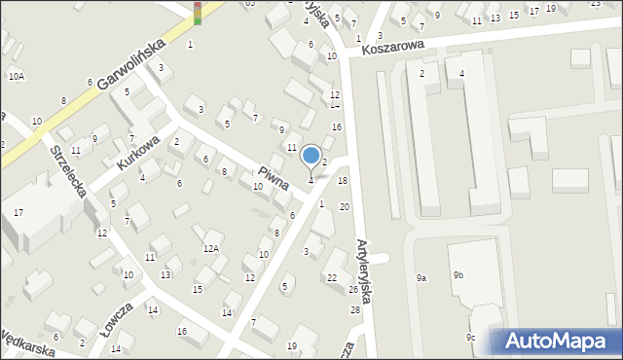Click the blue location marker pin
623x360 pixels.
tap(311, 156)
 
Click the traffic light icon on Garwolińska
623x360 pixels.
tap(198, 12)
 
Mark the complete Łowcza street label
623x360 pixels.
tap(114, 322)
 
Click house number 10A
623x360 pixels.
tap(17, 76)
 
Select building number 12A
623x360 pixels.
tap(211, 249)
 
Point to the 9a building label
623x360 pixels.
tap(421, 278)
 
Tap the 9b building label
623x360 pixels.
tap(458, 275)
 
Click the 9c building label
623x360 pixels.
tap(470, 338)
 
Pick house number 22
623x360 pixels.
tap(332, 278)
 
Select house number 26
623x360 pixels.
tap(353, 290)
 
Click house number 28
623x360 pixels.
tap(354, 309)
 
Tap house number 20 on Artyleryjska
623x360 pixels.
tap(345, 207)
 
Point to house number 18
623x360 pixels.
tap(343, 181)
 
